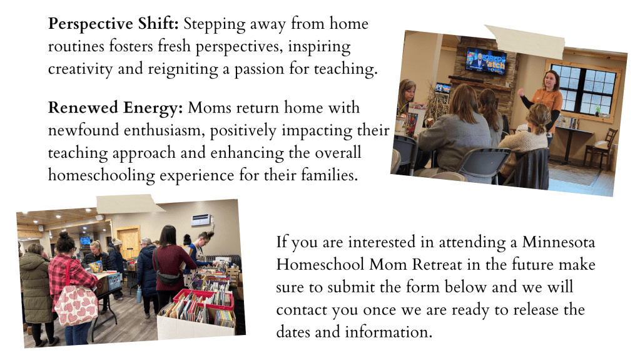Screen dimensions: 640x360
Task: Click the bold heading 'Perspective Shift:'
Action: (x=113, y=24)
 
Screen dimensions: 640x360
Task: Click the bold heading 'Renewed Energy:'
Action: (x=116, y=108)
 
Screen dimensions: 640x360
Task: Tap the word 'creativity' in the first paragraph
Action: (x=80, y=69)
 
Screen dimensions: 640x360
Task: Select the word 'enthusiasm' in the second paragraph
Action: (x=165, y=130)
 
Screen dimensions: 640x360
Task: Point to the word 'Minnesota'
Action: (x=559, y=242)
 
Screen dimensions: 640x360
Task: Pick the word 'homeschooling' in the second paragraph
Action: (x=101, y=175)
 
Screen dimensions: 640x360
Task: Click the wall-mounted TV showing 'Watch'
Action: (x=486, y=61)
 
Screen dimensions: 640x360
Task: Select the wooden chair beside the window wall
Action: (x=601, y=148)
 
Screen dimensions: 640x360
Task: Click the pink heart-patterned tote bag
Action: (x=76, y=304)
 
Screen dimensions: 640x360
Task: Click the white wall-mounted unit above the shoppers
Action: (x=201, y=220)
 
